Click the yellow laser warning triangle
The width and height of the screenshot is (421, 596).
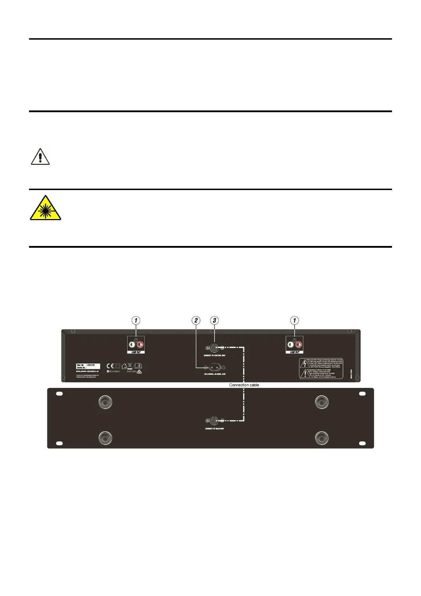tap(45, 209)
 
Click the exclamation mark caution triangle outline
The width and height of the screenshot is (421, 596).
tap(40, 157)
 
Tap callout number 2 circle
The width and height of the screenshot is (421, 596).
tap(196, 321)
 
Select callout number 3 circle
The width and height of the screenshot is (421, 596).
tap(214, 321)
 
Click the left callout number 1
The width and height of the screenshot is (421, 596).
tap(136, 321)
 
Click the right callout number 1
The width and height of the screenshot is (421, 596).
tap(294, 321)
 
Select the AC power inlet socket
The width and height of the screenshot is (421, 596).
tap(215, 367)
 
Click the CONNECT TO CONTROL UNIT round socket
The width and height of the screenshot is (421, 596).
tap(214, 348)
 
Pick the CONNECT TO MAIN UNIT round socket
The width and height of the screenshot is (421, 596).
tap(214, 421)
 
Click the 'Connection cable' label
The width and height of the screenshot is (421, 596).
tap(244, 385)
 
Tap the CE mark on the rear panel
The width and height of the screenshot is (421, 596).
tap(110, 366)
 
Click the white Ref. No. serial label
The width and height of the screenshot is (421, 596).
tap(88, 366)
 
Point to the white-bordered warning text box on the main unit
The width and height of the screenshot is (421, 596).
tap(321, 368)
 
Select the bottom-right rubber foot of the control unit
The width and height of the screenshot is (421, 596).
tap(322, 438)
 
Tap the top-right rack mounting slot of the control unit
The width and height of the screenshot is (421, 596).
tap(362, 394)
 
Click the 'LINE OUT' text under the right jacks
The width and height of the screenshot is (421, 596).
tap(294, 353)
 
